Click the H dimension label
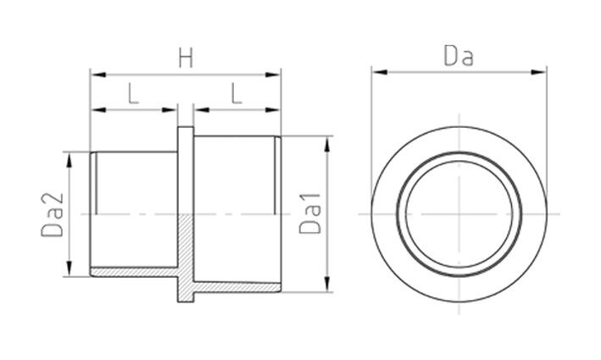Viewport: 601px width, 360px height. (x=184, y=58)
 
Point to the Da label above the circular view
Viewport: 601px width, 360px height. (x=458, y=58)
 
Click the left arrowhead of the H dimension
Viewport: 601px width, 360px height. (x=95, y=75)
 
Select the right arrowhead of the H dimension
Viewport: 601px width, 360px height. (x=275, y=75)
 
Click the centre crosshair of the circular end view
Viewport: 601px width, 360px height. (x=457, y=213)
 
